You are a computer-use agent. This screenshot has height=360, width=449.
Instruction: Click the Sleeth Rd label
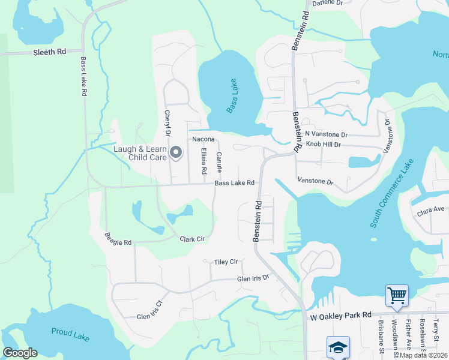(x=50, y=52)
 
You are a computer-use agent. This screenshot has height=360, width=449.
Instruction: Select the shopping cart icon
(x=397, y=296)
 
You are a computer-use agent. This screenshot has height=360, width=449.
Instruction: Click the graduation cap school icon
(x=337, y=346)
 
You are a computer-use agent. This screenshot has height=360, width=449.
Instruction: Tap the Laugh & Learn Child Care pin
(x=176, y=153)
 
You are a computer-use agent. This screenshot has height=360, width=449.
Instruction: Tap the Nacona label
(x=203, y=139)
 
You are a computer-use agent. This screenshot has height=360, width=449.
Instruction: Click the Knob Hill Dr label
(x=323, y=145)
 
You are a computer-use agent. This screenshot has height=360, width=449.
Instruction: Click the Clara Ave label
(x=430, y=209)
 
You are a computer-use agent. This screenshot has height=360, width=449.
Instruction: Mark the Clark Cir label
(x=192, y=239)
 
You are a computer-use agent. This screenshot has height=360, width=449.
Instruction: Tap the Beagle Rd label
(x=118, y=239)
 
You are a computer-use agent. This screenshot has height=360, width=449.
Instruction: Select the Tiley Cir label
(x=226, y=262)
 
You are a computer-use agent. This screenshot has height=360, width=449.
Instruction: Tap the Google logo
(x=20, y=353)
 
